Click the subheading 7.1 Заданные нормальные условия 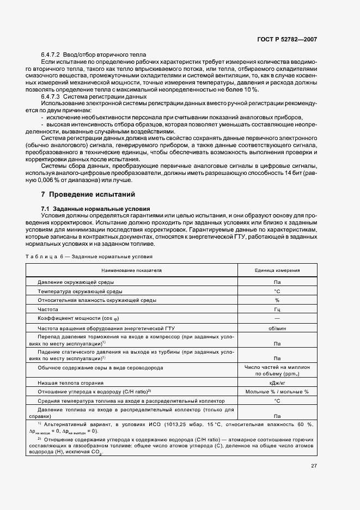tap(91, 209)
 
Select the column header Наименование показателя tap(131, 270)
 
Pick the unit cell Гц tap(277, 309)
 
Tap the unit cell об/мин tap(277, 329)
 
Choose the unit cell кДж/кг tap(277, 384)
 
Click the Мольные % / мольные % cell tap(277, 392)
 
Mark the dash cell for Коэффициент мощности tap(277, 319)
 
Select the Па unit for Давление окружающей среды tap(277, 282)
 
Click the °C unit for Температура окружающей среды tap(277, 292)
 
